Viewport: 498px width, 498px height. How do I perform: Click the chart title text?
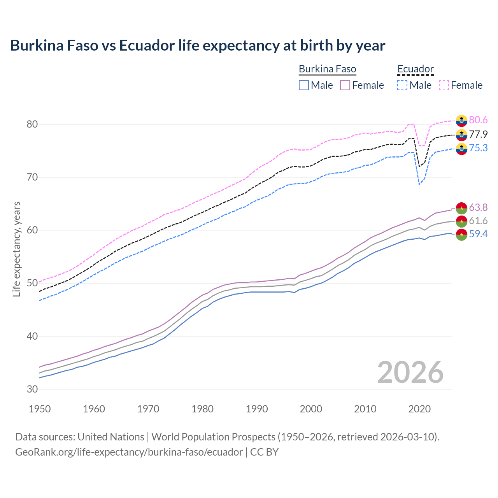click(198, 46)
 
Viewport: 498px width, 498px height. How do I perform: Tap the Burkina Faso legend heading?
click(327, 69)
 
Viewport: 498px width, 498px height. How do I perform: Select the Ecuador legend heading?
click(415, 69)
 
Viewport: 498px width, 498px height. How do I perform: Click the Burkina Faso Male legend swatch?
click(304, 85)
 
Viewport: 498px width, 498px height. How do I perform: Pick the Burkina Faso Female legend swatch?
click(345, 85)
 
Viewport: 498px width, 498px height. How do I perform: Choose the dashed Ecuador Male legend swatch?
click(402, 85)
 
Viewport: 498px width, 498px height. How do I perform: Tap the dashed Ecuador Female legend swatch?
click(444, 85)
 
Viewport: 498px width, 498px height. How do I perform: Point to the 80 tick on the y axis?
click(32, 124)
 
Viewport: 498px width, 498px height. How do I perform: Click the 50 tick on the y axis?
click(32, 283)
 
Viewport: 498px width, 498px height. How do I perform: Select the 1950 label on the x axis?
click(40, 409)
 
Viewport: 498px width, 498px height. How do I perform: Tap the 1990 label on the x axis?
click(257, 409)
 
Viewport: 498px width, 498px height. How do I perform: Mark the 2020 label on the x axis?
click(419, 409)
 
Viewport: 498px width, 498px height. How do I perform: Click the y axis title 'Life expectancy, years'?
click(17, 249)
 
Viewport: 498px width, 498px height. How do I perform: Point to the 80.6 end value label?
click(478, 120)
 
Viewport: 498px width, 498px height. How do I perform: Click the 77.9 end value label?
click(478, 134)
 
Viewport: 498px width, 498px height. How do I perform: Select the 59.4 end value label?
click(478, 234)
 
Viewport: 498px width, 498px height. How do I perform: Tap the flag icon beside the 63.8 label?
click(461, 208)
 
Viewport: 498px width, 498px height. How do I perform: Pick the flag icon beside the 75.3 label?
click(461, 148)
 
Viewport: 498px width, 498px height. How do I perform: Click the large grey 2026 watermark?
click(410, 372)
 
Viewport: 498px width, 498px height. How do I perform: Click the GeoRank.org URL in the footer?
click(129, 452)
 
